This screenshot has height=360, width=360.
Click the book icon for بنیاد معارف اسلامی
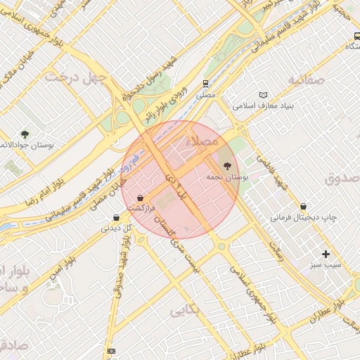tap(264, 95)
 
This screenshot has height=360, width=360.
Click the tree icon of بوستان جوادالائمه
tap(25, 134)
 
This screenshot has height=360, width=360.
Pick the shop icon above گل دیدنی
tap(116, 217)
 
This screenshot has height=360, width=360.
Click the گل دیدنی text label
tap(117, 228)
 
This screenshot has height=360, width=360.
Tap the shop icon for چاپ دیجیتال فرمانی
tap(303, 206)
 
